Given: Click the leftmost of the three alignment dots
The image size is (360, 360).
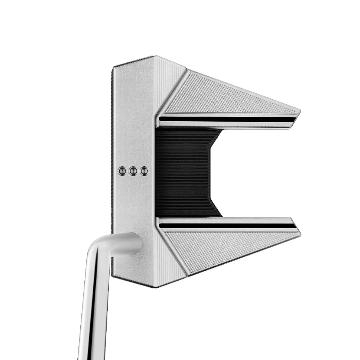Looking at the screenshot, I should click(122, 171).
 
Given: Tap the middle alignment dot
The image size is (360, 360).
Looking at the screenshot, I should click(133, 171).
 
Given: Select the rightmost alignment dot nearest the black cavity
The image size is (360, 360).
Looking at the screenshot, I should click(144, 171).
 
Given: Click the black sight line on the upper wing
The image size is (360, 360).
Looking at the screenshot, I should click(227, 119).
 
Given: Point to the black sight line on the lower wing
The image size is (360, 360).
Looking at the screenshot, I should click(227, 226).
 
